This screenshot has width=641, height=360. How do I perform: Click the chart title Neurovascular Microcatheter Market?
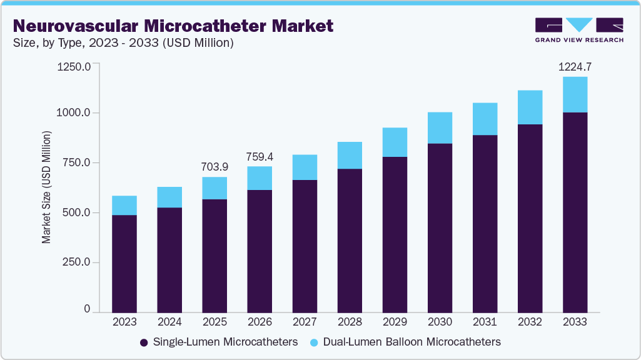(x=173, y=26)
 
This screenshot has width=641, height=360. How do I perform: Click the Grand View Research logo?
(x=578, y=30)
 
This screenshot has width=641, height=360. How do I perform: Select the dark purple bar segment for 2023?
(x=124, y=263)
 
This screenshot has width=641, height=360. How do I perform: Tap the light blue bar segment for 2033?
(x=575, y=95)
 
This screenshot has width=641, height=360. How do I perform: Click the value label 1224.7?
(x=575, y=66)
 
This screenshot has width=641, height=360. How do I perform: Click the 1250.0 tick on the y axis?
(x=74, y=66)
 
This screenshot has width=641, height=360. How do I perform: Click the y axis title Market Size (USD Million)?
(x=46, y=187)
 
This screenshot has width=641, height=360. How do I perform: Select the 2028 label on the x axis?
(x=350, y=322)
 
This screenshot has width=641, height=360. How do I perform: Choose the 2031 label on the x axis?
(x=485, y=322)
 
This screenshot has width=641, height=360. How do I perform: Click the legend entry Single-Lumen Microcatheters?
(x=218, y=342)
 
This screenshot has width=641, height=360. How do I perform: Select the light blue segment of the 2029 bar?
(x=395, y=142)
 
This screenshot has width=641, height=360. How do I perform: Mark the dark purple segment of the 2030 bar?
(x=440, y=227)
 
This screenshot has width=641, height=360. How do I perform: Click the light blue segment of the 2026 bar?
(x=260, y=178)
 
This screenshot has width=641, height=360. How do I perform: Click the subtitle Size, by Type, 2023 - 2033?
(x=123, y=43)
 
